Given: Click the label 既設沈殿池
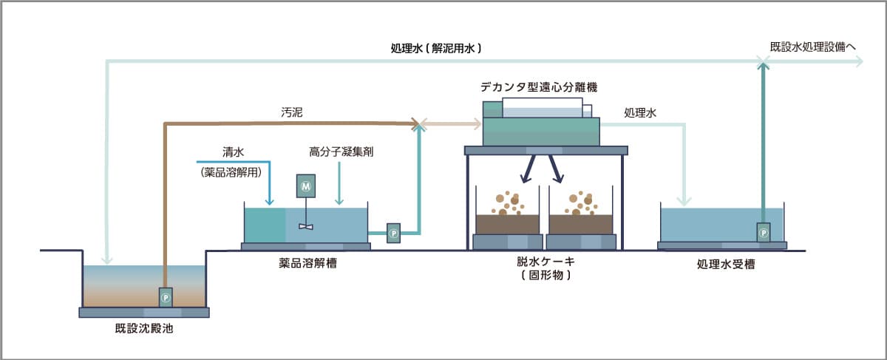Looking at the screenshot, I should [x=143, y=328].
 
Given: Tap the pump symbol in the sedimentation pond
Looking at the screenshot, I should [x=166, y=297].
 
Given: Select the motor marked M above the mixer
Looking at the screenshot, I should [x=305, y=186].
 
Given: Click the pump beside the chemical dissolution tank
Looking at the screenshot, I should [x=394, y=233].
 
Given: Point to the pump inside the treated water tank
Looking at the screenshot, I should [x=763, y=233].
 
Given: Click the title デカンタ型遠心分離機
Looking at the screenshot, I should [x=539, y=86].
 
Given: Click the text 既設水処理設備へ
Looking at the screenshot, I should [x=812, y=47].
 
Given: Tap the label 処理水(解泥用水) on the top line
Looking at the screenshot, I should [x=437, y=50].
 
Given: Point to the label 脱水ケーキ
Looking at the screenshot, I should [x=546, y=261].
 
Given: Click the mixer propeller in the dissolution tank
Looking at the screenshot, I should [x=305, y=225].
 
